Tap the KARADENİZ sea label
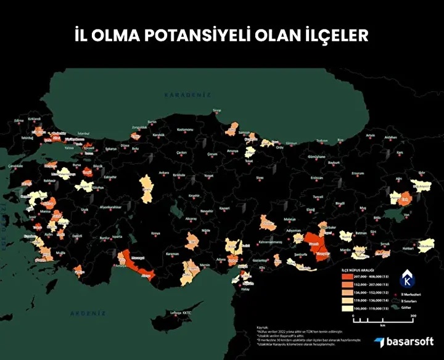point(187,95)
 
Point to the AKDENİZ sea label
point(84,313)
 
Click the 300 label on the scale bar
point(413,316)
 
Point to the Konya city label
point(156,233)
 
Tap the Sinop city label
point(216,111)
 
